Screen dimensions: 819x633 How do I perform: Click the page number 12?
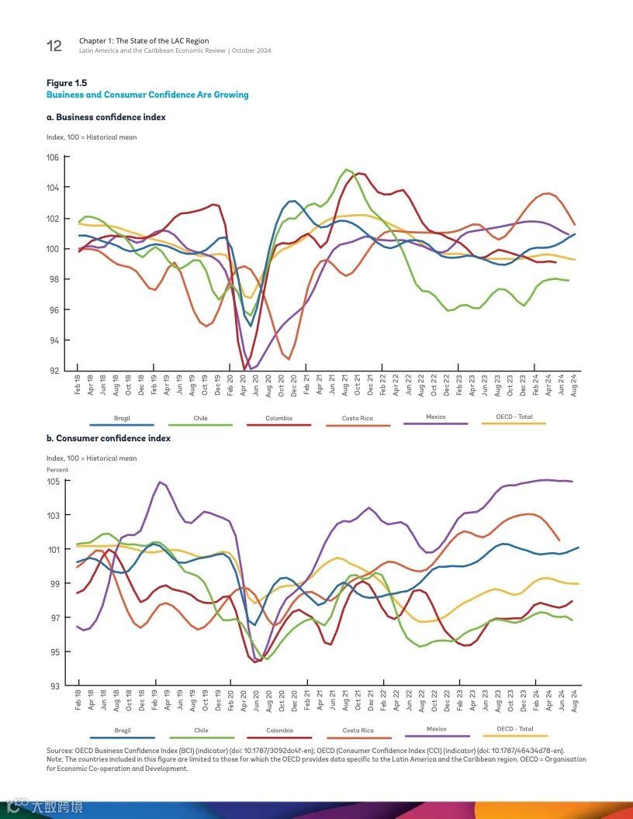pos(54,46)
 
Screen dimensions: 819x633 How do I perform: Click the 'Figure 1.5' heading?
pos(67,83)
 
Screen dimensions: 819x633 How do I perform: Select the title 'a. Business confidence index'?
pos(106,117)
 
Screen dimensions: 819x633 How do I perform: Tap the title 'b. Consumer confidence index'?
pos(108,438)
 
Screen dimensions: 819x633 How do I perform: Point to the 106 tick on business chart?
pos(53,157)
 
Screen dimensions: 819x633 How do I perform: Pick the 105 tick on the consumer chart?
pos(53,482)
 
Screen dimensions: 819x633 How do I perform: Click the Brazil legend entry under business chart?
pos(122,419)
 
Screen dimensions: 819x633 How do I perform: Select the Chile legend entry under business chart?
pos(200,419)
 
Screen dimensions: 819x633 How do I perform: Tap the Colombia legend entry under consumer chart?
pos(279,731)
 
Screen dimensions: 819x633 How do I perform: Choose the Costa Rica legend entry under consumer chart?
pos(358,731)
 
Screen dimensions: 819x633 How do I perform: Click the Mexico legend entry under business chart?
pos(436,417)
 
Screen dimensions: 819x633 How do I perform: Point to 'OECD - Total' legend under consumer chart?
pos(515,729)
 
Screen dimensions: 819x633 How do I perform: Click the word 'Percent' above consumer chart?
pos(57,470)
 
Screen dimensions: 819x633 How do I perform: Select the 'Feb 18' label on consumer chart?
pos(78,700)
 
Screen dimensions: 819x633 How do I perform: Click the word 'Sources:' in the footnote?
pos(60,751)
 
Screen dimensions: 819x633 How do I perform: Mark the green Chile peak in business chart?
pos(347,169)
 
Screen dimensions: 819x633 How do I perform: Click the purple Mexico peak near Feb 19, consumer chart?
pos(161,482)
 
